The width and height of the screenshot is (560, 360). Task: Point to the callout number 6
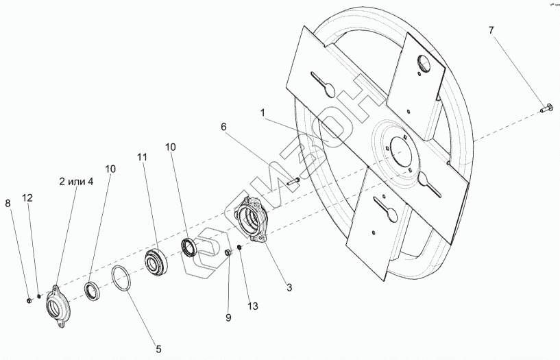[x=223, y=127]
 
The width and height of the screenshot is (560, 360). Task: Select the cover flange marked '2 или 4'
[x=55, y=300]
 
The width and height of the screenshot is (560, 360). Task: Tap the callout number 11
[x=142, y=157]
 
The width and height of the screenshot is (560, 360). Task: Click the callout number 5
[x=158, y=349]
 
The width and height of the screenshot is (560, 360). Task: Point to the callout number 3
[x=289, y=288]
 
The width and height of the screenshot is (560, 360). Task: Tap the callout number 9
[x=228, y=317]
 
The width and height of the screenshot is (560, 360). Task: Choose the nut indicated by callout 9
[x=228, y=255]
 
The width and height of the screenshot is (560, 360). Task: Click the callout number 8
[x=8, y=204]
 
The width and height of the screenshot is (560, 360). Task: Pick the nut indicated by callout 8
[x=27, y=300]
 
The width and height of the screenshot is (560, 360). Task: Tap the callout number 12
[x=27, y=197]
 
